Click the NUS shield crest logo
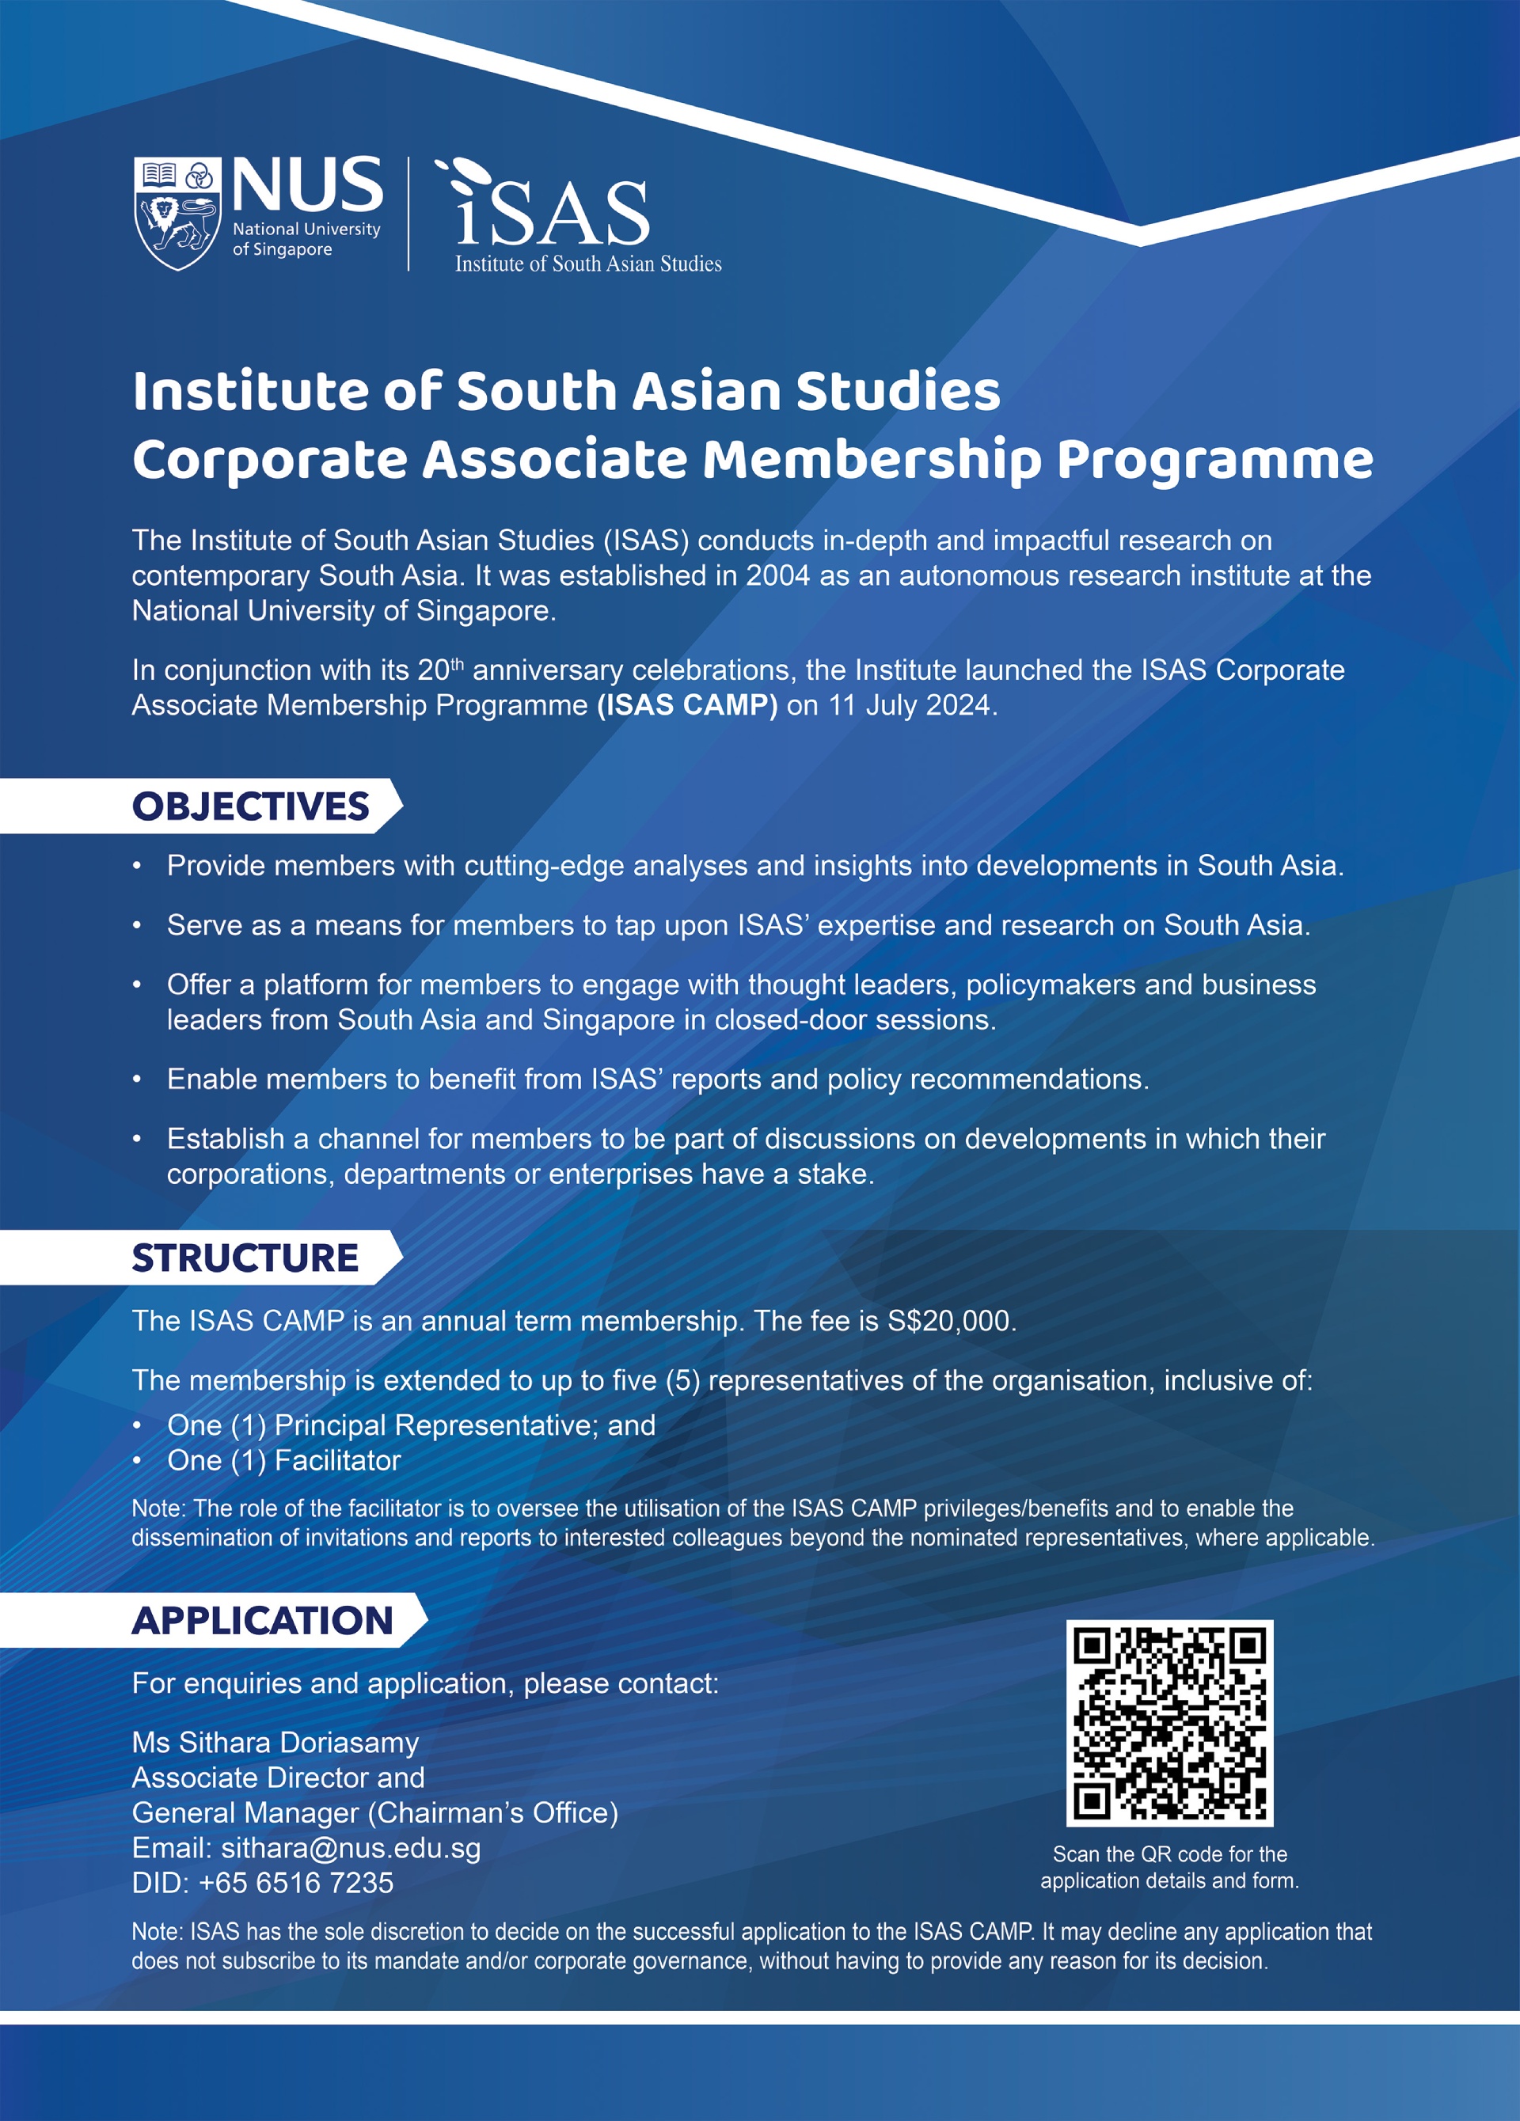[x=177, y=213]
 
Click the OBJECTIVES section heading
[x=251, y=806]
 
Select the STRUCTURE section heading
[x=245, y=1258]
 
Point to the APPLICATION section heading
[x=263, y=1621]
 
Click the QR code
[x=1169, y=1723]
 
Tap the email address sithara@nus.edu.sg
[x=351, y=1848]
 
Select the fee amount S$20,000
[x=949, y=1321]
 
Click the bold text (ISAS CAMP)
[x=687, y=704]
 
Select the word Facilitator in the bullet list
[x=338, y=1460]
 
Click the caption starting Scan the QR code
[x=1169, y=1867]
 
